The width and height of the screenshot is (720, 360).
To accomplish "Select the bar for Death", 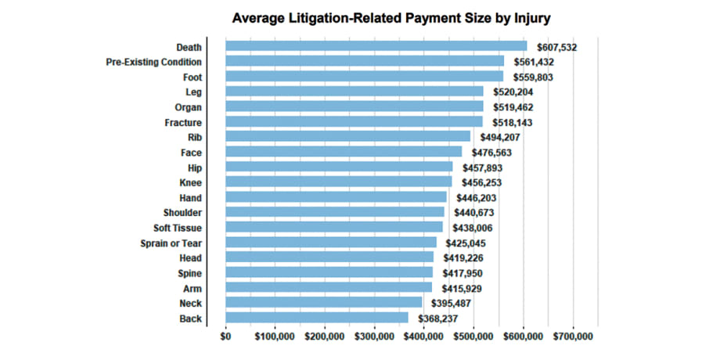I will [x=376, y=46].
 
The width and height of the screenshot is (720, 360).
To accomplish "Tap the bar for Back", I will [x=316, y=318].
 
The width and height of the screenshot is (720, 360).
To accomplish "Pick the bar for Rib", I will [x=347, y=137].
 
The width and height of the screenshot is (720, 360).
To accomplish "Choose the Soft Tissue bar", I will [x=333, y=227].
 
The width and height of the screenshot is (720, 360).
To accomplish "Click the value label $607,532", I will [x=556, y=47].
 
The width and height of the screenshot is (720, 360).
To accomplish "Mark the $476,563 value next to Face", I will [x=491, y=153].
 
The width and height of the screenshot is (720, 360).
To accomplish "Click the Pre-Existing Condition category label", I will [x=153, y=62].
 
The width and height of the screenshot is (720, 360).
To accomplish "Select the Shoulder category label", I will [x=182, y=212].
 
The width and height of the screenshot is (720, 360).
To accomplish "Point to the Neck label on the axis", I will [x=190, y=303].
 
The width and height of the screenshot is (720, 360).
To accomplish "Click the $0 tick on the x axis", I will [x=225, y=337].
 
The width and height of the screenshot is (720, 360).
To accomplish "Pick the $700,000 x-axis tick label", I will [x=573, y=337].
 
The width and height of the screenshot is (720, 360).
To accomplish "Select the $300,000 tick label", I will [x=374, y=337].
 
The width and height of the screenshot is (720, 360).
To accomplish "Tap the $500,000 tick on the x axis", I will [x=473, y=337].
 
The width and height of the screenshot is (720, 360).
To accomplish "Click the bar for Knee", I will [x=338, y=182].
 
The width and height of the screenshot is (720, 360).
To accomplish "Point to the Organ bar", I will [x=354, y=106].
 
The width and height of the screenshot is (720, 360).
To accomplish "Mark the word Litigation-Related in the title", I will [x=345, y=16].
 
